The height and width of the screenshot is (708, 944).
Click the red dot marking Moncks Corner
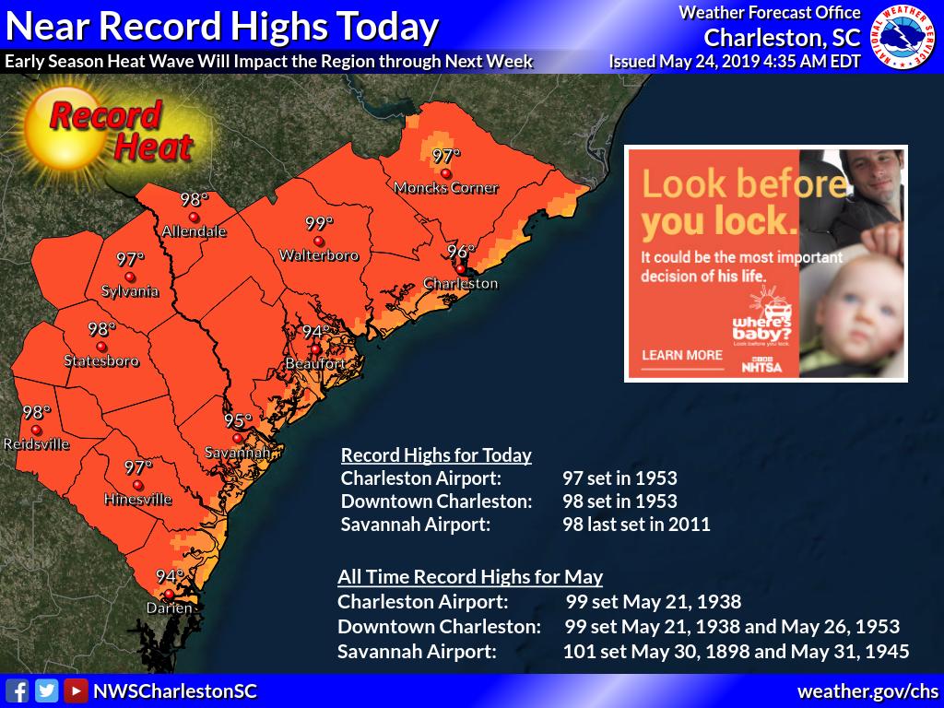446,173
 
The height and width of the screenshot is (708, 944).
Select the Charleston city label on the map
461,283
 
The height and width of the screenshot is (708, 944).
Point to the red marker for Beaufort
315,349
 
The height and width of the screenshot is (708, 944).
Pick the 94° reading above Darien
169,577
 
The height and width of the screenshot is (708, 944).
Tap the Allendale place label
194,231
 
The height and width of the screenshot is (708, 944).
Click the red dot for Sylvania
130,277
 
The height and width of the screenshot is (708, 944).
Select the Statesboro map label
101,360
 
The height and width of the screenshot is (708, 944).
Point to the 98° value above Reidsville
36,413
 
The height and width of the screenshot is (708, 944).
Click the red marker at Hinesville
137,485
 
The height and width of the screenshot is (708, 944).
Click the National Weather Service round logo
903,38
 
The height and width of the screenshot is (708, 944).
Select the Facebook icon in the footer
17,690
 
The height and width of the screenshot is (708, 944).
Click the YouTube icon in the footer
76,690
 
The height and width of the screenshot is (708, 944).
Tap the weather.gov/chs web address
867,690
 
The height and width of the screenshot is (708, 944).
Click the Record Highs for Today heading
436,455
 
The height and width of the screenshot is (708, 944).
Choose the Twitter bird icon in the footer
46,690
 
